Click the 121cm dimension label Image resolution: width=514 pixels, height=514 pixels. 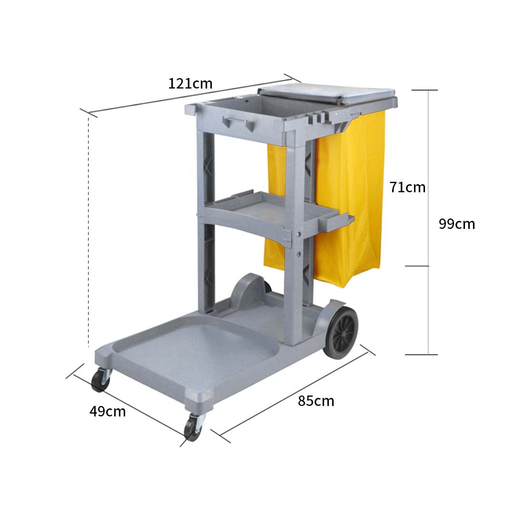click(x=190, y=84)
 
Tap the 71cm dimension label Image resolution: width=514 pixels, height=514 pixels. click(x=407, y=187)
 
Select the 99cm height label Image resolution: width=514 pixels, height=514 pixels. click(x=456, y=224)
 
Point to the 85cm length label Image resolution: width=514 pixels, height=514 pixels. click(x=316, y=401)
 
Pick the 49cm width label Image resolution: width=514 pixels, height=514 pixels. click(x=108, y=411)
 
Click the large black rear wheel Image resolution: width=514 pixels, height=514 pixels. click(x=341, y=332)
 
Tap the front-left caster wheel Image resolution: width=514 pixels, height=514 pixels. click(x=101, y=380)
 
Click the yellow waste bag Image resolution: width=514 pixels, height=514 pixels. click(x=350, y=200)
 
